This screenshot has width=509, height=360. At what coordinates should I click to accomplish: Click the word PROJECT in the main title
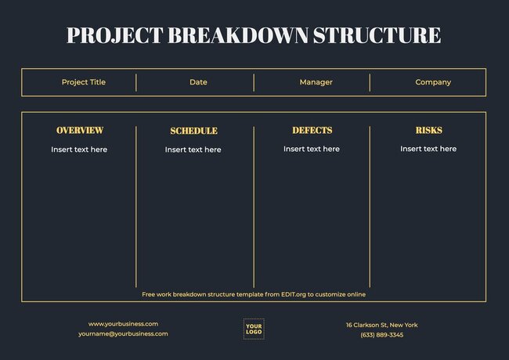(114, 35)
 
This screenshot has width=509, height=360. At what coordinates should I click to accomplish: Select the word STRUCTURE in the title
(377, 35)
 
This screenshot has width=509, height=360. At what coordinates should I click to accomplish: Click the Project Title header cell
(83, 82)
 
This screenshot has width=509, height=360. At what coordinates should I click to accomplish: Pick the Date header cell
(198, 82)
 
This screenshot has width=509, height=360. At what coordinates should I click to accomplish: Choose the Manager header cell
(316, 82)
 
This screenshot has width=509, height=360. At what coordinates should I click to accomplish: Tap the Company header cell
(433, 82)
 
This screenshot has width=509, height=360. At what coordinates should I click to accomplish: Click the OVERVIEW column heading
(79, 131)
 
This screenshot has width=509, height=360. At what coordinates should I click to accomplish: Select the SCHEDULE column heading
(193, 131)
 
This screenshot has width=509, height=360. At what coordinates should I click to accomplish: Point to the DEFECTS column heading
(312, 131)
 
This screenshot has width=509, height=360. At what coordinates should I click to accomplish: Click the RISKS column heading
(428, 131)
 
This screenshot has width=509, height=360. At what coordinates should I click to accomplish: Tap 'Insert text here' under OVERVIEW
(79, 149)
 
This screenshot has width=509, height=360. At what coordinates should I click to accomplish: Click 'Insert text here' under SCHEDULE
(193, 149)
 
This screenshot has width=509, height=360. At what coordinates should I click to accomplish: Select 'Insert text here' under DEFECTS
(312, 149)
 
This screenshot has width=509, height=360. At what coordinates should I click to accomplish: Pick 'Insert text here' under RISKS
(428, 149)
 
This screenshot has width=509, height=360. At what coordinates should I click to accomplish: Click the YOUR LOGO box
(254, 329)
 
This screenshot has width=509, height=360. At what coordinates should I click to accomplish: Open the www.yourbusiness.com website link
(123, 324)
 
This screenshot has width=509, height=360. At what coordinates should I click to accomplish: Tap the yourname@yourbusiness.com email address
(123, 334)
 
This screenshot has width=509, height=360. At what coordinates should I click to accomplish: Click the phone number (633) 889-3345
(382, 335)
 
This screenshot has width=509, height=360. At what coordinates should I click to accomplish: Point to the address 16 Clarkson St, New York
(382, 325)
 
